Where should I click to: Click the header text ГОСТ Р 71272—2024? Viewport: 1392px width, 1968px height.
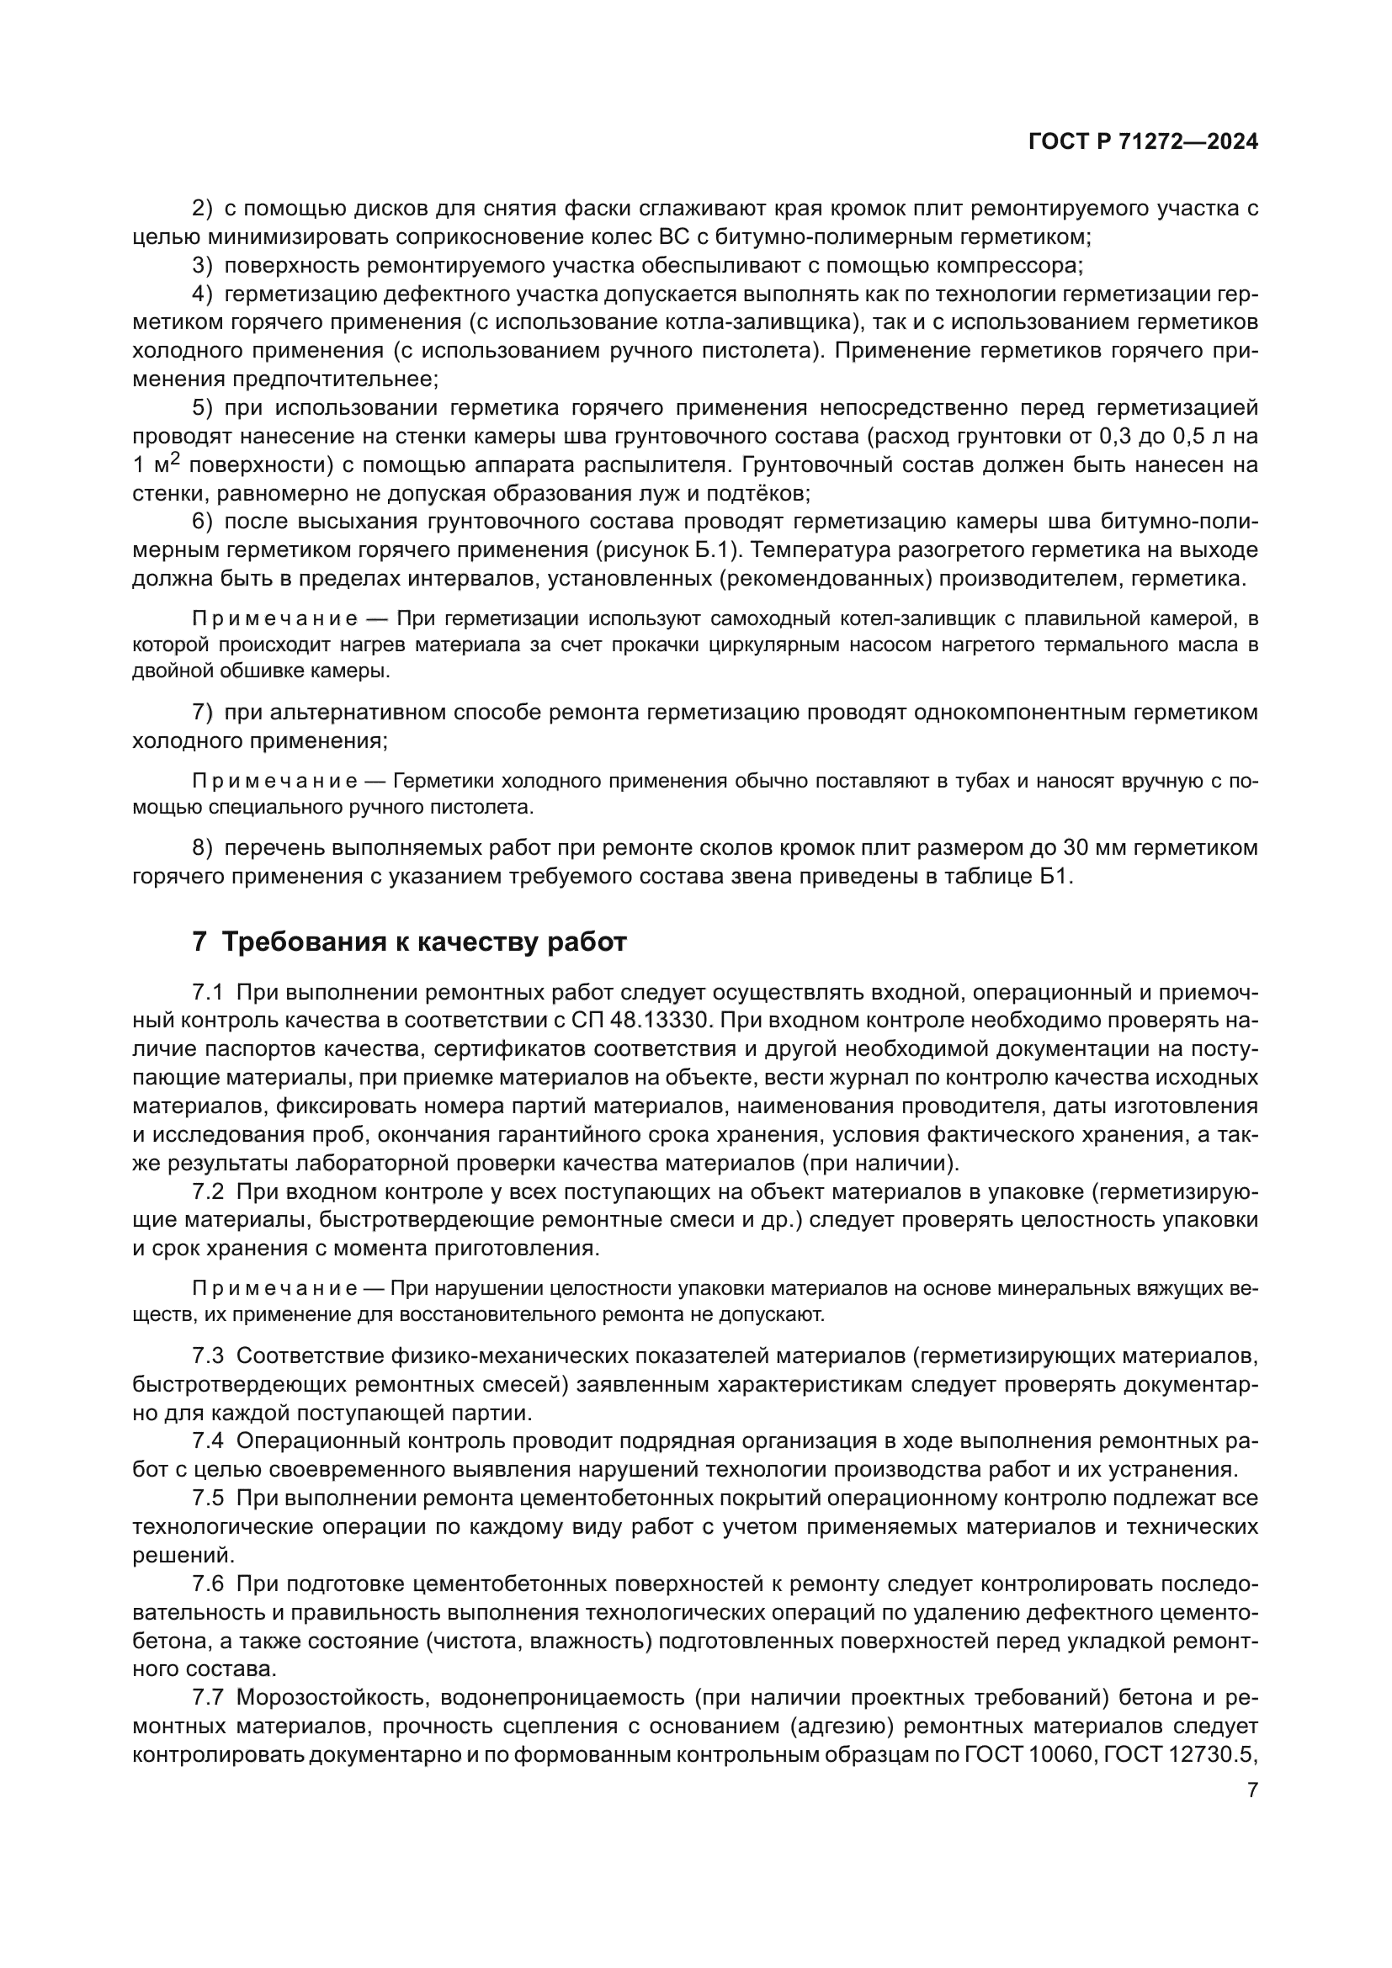click(x=1143, y=142)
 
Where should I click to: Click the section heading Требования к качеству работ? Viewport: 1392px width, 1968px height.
click(x=424, y=942)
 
